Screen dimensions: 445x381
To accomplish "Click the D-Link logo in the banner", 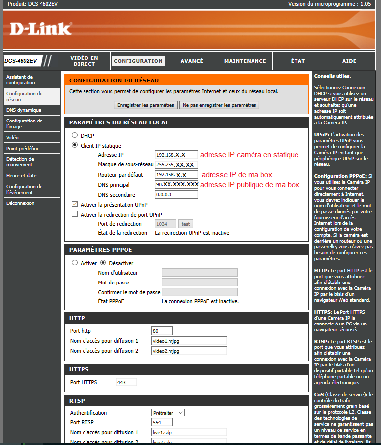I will (41, 29).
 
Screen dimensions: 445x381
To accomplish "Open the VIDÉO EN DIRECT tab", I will (84, 61).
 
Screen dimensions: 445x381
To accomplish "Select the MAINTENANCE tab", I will (245, 61).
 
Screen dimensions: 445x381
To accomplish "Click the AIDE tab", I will (349, 61).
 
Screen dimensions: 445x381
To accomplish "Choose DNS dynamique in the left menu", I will (24, 110).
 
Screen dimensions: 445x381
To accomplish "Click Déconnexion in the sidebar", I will (20, 203).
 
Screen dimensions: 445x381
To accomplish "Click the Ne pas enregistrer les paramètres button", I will (219, 105).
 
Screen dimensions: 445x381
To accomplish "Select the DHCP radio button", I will (75, 135).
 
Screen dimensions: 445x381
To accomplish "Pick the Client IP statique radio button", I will (75, 145).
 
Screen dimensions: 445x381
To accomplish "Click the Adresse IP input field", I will (176, 155).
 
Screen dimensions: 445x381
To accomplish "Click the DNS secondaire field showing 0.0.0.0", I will (176, 194).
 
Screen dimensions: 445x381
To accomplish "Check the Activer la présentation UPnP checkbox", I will (75, 204).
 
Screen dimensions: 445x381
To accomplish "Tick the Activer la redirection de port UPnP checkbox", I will (75, 214).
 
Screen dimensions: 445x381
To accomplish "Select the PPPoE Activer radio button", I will (75, 263).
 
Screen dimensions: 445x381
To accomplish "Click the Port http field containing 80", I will (162, 331).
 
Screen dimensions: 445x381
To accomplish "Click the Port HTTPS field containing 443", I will (126, 382).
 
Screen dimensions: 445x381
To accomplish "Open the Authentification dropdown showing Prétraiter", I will (168, 412).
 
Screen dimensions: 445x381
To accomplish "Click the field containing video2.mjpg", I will (189, 351).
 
